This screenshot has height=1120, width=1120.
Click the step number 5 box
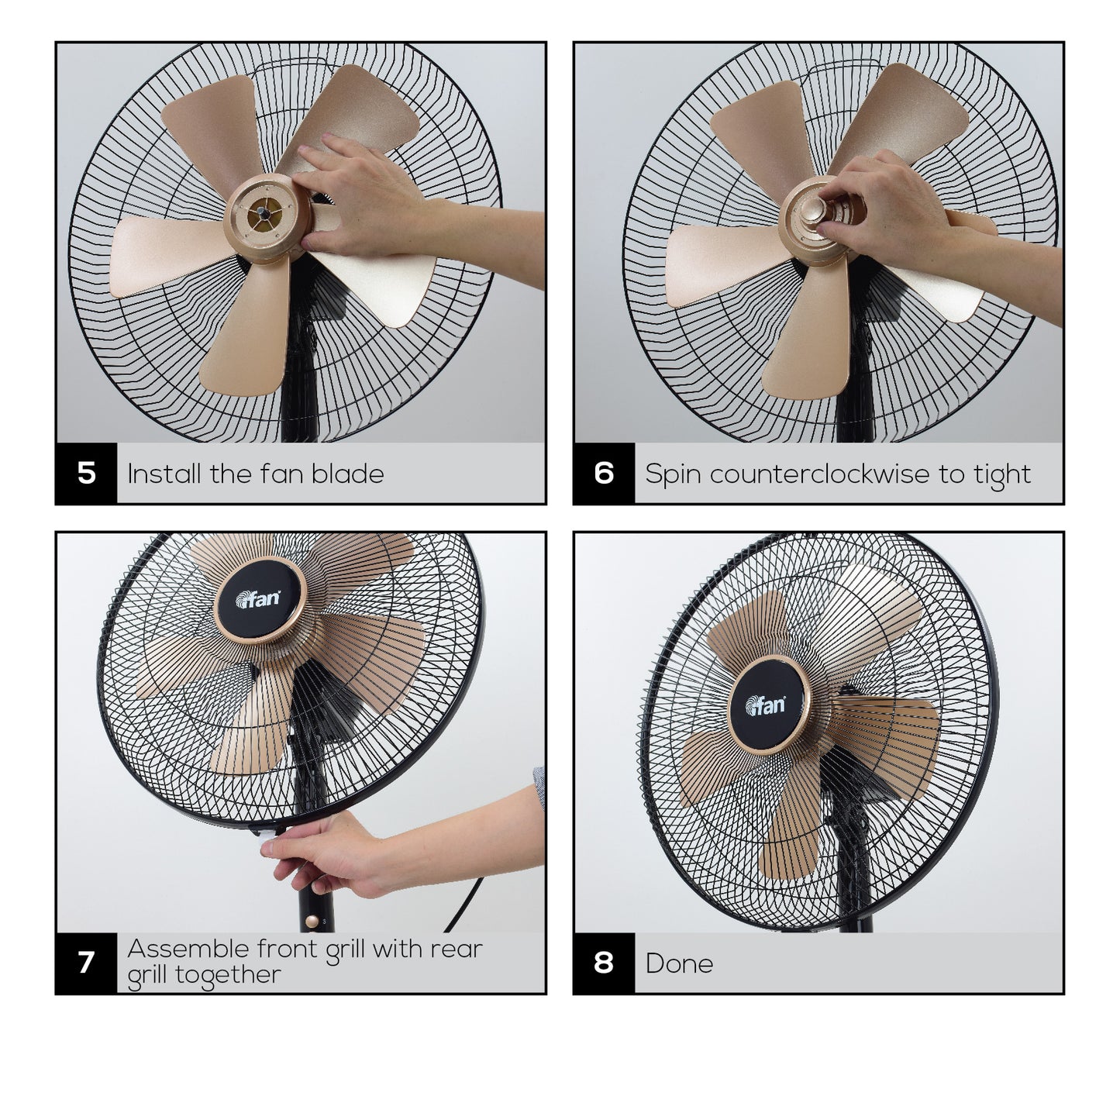[87, 473]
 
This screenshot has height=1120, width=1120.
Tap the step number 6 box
[605, 473]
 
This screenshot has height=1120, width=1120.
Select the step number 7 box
[87, 963]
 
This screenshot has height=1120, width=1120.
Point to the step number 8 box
[605, 963]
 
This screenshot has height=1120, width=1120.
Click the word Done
[679, 963]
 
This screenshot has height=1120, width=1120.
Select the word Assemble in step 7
[188, 949]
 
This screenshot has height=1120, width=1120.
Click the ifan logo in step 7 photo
[258, 598]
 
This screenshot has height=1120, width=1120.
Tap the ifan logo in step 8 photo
[765, 705]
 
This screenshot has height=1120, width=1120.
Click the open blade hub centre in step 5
[266, 214]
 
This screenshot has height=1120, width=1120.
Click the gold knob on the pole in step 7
[312, 922]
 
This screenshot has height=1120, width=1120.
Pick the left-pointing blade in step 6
[724, 264]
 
